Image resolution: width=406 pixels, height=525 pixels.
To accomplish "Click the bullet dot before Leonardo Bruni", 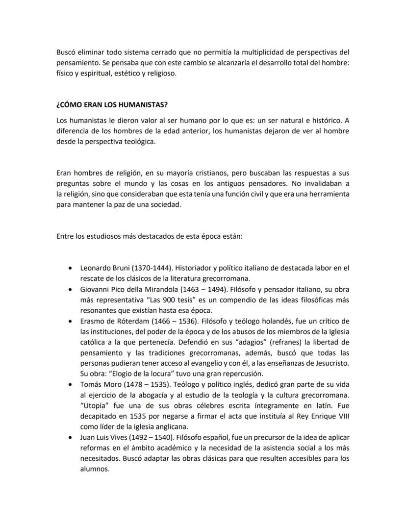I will click(x=73, y=269).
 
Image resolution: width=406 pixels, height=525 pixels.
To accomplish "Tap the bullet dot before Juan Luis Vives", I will click(x=73, y=438).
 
